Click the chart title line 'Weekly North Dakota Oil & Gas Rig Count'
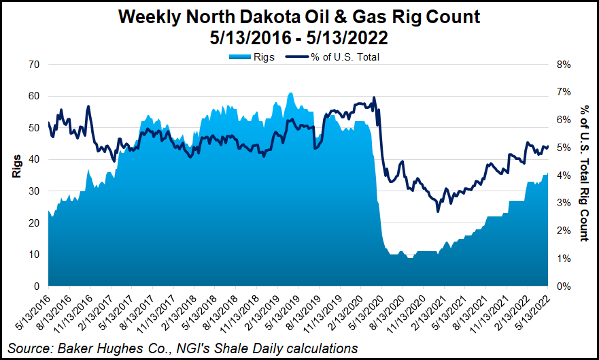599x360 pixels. tap(299, 17)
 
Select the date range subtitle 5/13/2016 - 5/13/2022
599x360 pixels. tap(299, 38)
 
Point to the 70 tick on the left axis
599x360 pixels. tap(33, 65)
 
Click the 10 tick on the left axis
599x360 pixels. tap(33, 255)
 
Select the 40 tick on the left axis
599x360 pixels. tap(33, 159)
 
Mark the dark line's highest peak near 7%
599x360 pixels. tap(374, 97)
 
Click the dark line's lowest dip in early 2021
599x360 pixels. tap(438, 212)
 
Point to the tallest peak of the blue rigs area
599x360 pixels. tap(290, 93)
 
